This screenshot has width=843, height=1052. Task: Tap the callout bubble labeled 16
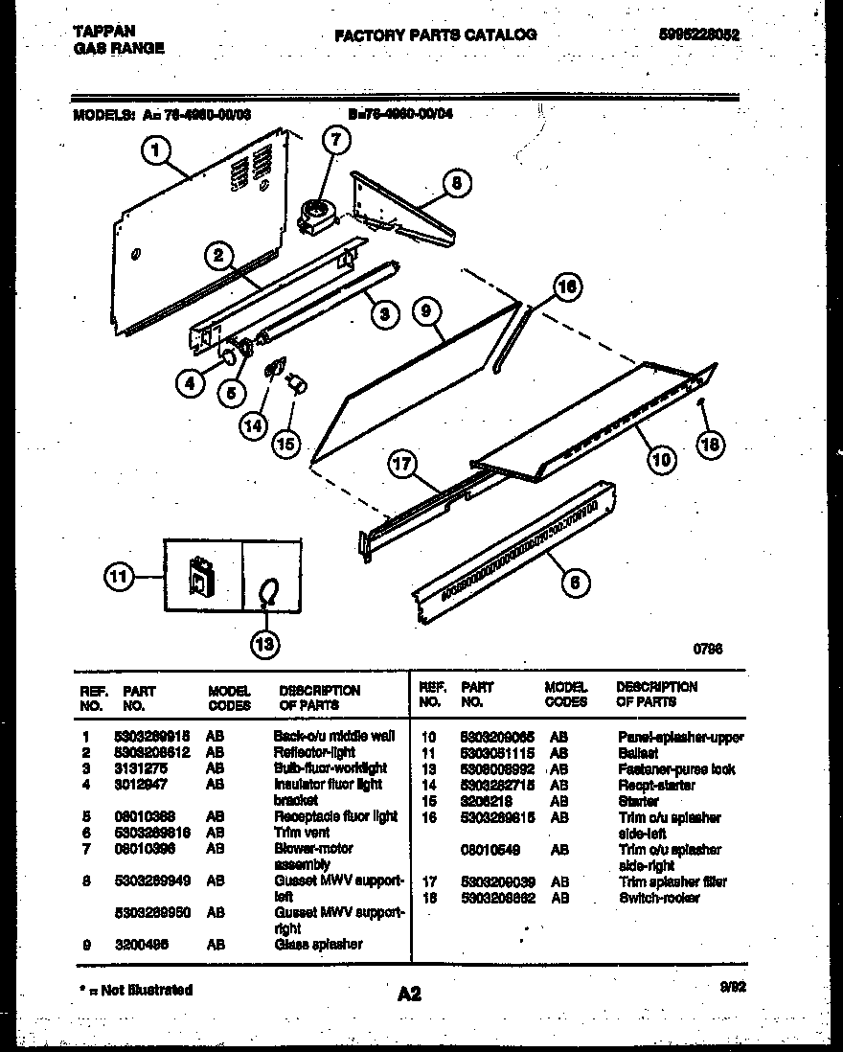pyautogui.click(x=567, y=286)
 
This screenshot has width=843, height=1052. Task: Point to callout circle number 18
pyautogui.click(x=710, y=443)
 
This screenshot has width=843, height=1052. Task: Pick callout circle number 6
pyautogui.click(x=574, y=581)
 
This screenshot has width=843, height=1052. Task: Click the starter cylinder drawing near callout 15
pyautogui.click(x=297, y=384)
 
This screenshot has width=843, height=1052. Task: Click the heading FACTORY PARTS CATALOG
pyautogui.click(x=436, y=34)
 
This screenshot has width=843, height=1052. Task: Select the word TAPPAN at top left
pyautogui.click(x=103, y=31)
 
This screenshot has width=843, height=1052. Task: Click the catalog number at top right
pyautogui.click(x=699, y=34)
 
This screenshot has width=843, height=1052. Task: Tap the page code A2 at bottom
pyautogui.click(x=409, y=995)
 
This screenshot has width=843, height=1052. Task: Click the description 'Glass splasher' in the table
pyautogui.click(x=318, y=944)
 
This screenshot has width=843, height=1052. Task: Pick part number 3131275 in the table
pyautogui.click(x=148, y=768)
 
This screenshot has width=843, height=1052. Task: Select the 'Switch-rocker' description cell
pyautogui.click(x=659, y=898)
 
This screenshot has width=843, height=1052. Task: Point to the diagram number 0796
pyautogui.click(x=708, y=649)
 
